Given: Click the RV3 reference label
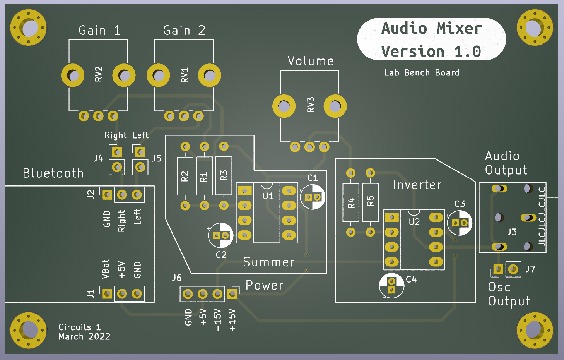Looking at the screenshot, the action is pos(311,105).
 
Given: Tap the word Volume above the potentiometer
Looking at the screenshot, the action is pos(311,61).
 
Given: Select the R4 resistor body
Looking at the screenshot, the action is pos(351,202).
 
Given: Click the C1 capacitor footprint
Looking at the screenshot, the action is pos(313,197).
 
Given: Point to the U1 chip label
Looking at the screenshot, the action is pos(268,196).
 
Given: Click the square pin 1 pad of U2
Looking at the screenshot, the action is pos(391,217).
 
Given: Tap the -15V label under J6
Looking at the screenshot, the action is pos(217,320).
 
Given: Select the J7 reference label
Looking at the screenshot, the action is pos(530,269).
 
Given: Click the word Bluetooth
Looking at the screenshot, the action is pos(53,173).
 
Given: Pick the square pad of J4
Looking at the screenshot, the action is pos(117,152).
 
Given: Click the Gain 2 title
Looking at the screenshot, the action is pos(184,31).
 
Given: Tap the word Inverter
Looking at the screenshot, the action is pos(417,185).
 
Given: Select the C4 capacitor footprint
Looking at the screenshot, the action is pos(391,286).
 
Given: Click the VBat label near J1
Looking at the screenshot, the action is pos(105,269).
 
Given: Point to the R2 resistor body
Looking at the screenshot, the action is pos(185,176).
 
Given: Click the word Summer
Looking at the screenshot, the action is pos(269,262).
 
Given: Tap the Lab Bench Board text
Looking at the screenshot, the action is pos(422,72).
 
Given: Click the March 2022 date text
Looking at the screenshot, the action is pos(84,336).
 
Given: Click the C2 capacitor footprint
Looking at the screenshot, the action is pos(220,235).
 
